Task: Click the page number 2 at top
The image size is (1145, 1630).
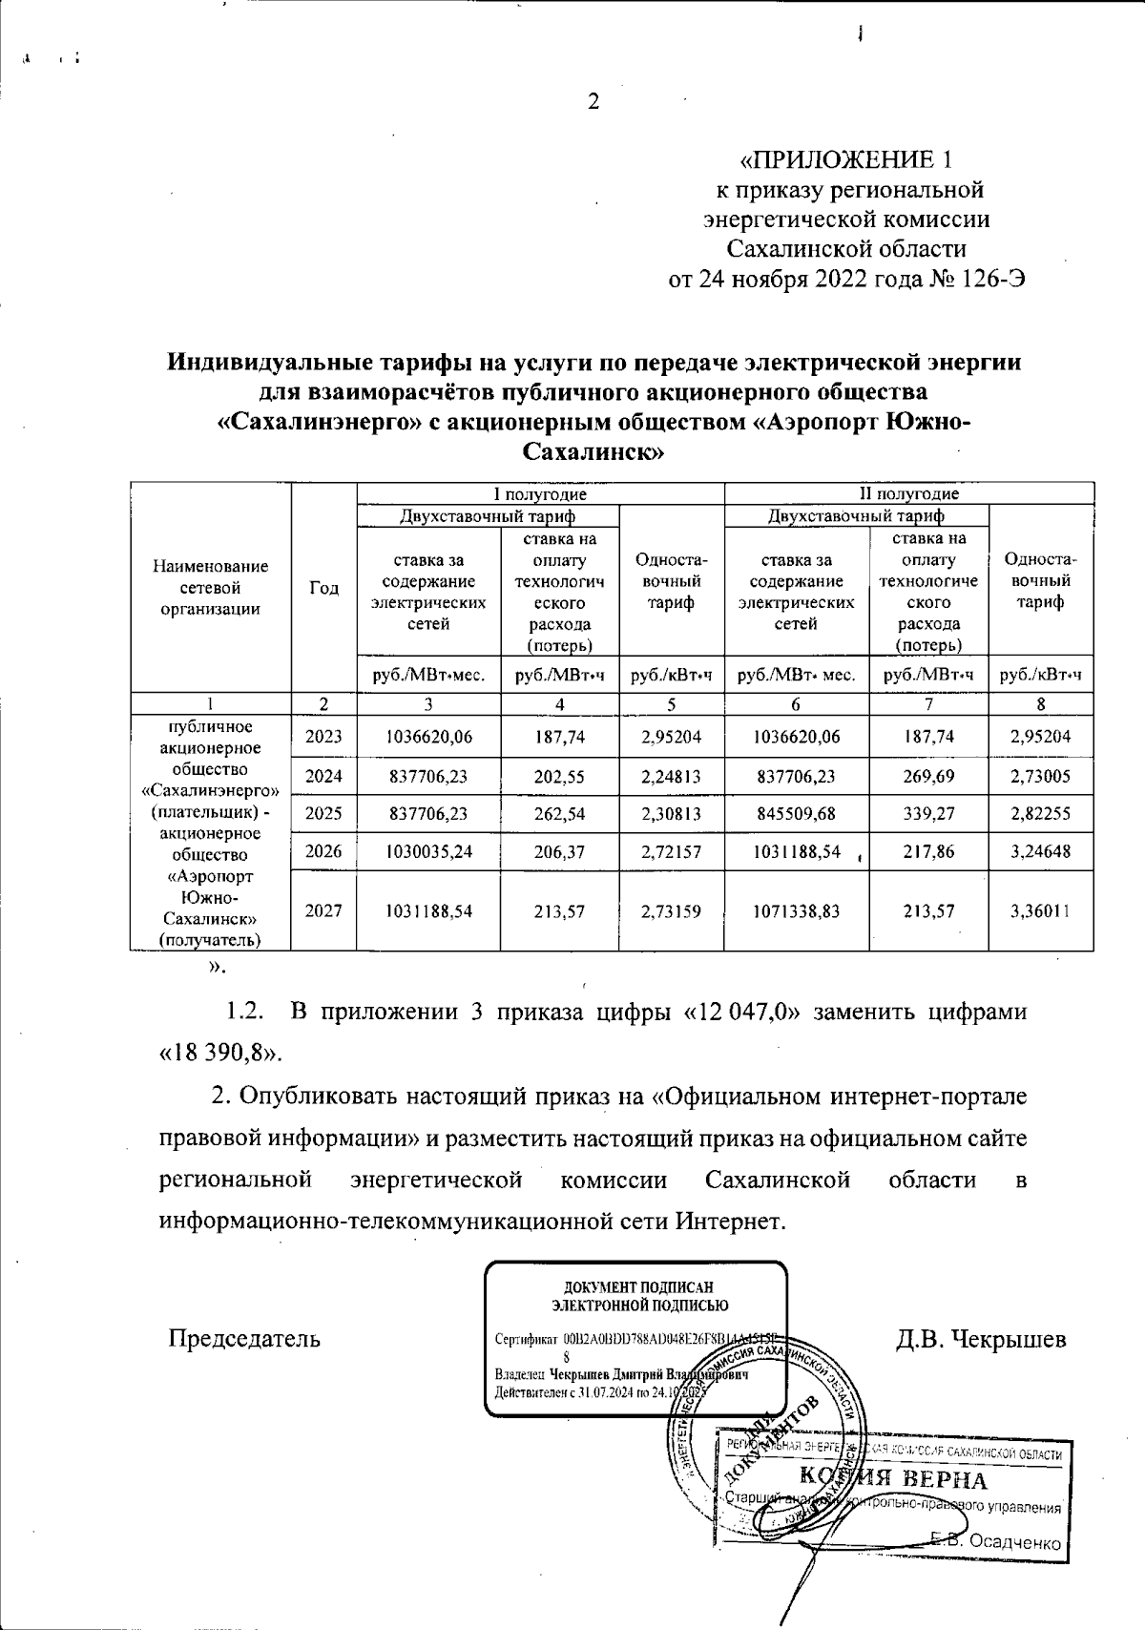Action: coord(593,102)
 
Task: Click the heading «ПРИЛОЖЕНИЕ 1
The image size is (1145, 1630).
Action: coord(846,159)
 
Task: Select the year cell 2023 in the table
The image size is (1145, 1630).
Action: coord(323,737)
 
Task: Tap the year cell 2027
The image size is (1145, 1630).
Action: coord(323,911)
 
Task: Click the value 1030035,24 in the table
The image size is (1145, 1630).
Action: coord(428,851)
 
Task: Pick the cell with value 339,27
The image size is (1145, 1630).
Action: coord(928,813)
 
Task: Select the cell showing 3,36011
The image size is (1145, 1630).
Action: coord(1041,911)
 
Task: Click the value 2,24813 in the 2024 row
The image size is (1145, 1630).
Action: coord(672,776)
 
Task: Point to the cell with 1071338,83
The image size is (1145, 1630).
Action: coord(797,911)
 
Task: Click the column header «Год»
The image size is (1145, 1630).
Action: coord(323,588)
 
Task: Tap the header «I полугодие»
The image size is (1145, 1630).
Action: coord(540,494)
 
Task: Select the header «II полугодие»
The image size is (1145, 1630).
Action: coord(909,494)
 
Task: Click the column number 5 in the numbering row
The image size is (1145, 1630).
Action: coord(672,704)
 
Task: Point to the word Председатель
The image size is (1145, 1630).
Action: coord(244,1339)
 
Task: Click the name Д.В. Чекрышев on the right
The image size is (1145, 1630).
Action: coord(981,1339)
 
